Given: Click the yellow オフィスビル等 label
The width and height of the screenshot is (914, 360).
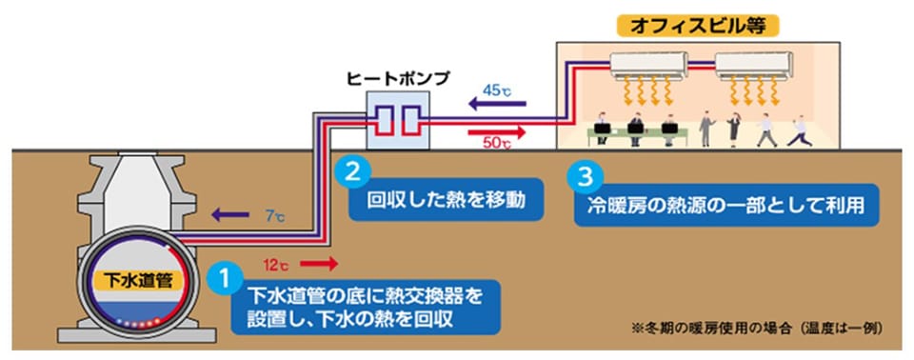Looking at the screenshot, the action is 698,27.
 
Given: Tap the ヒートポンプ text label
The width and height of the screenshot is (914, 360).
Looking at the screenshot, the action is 398,79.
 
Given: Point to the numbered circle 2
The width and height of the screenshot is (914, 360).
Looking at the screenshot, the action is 349,172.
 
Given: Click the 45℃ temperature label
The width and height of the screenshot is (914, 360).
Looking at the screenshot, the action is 498,90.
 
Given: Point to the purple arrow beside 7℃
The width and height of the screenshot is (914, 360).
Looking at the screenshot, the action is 229,215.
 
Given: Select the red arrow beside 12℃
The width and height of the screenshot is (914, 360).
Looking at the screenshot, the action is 319,265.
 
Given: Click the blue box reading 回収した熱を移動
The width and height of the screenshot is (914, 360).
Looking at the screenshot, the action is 447,200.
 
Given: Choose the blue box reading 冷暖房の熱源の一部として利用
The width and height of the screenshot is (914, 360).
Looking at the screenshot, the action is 726,206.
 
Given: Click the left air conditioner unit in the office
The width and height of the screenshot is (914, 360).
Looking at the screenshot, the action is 648,65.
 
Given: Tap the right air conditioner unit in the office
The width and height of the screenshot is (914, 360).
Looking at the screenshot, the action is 754,65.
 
